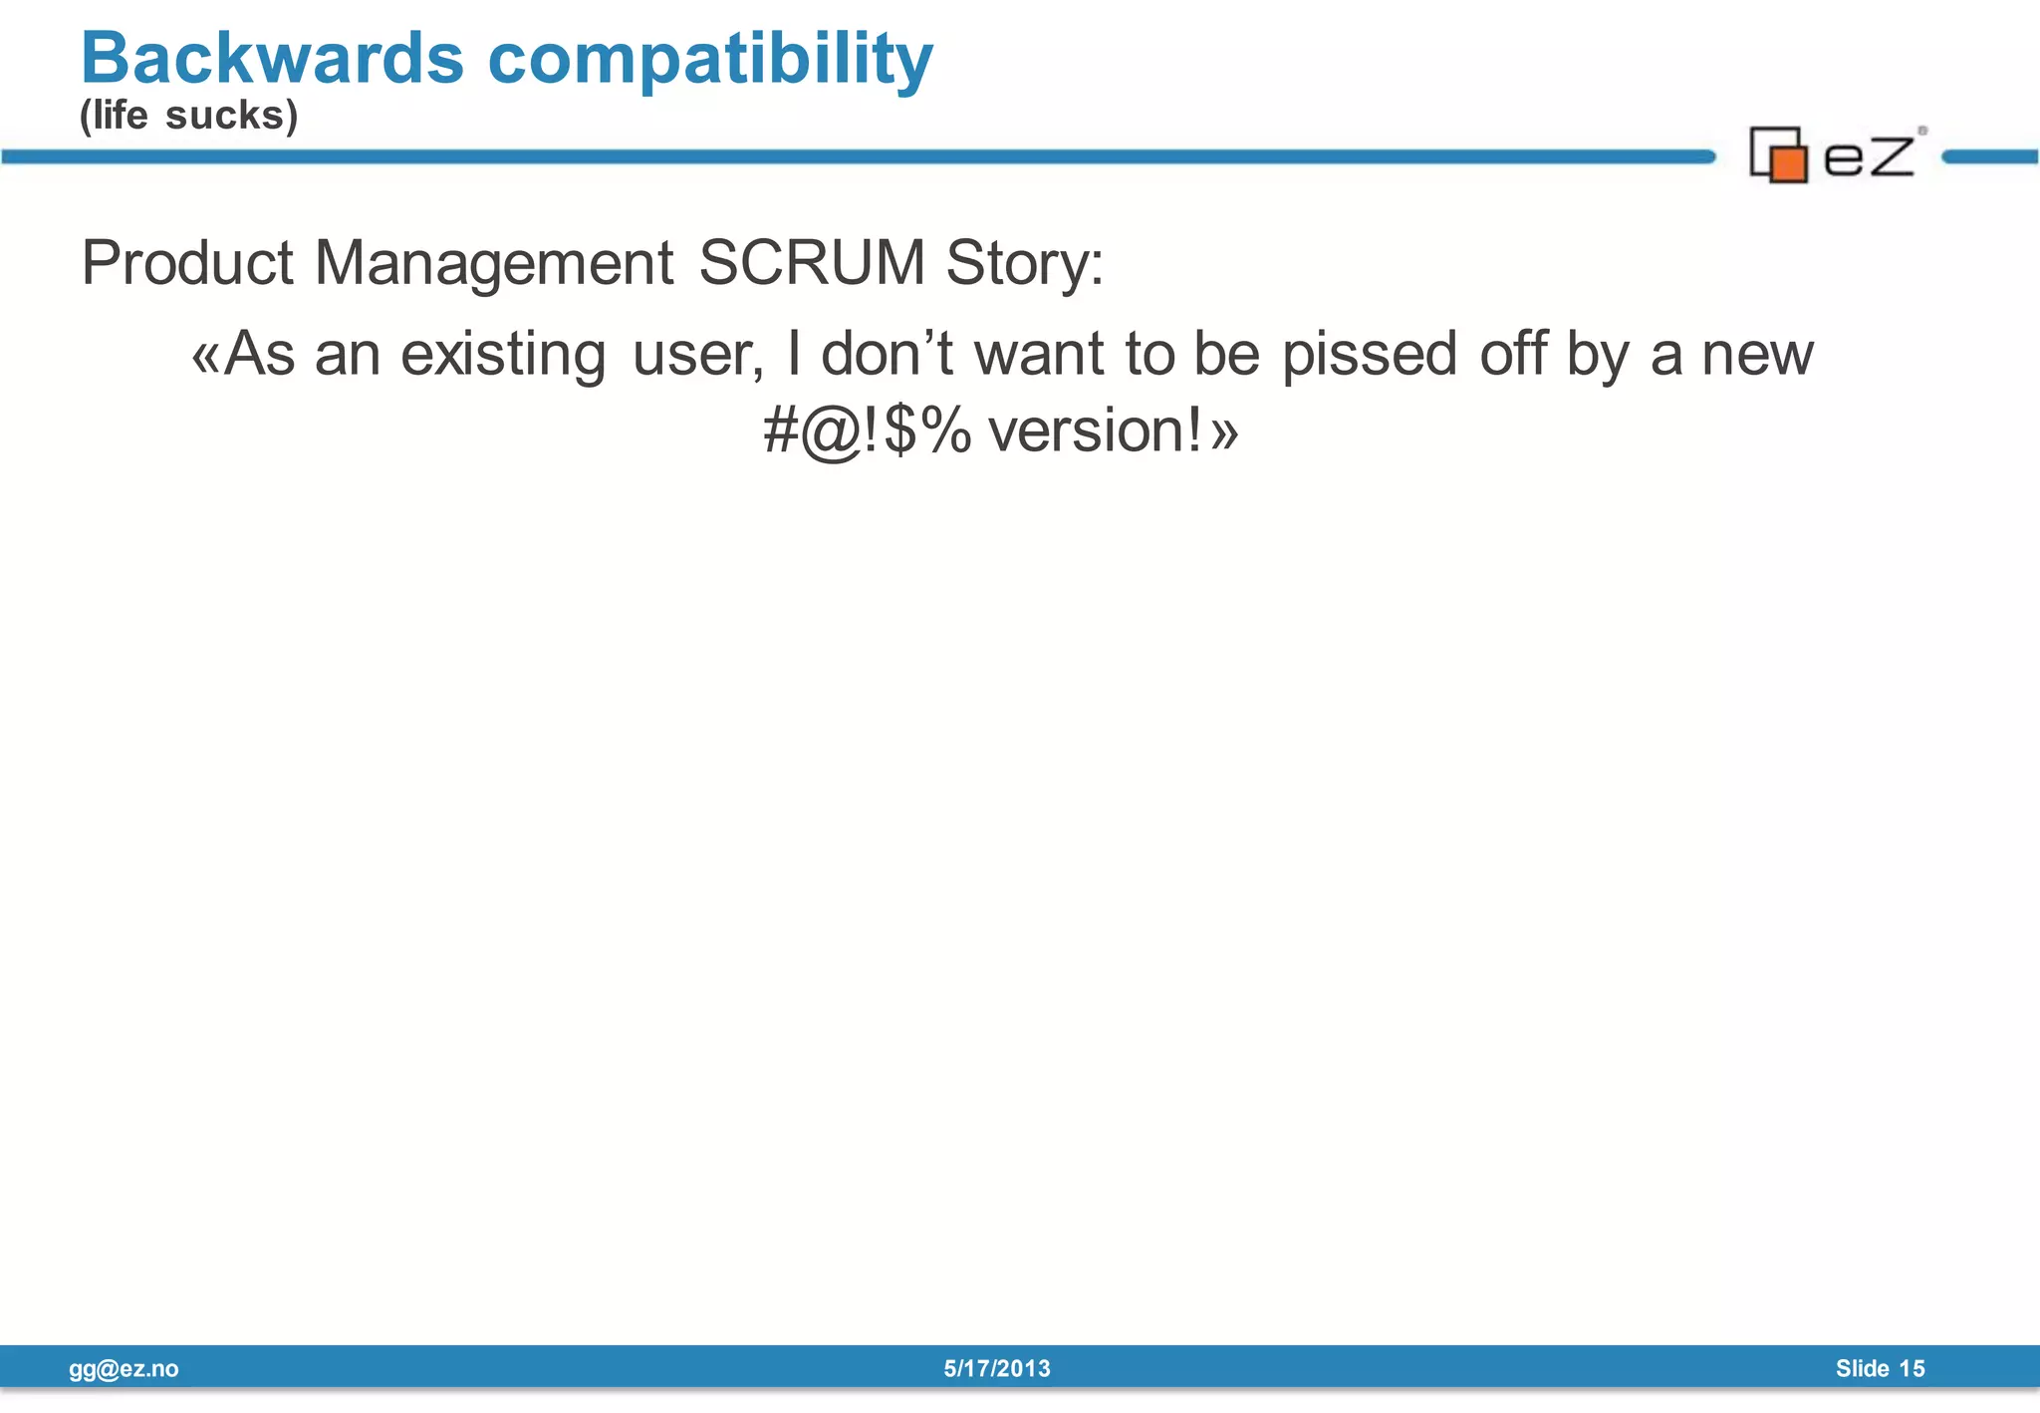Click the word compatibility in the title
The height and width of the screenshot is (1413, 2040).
[x=710, y=60]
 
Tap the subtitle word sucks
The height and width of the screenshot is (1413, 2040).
[x=231, y=116]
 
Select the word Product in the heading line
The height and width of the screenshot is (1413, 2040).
[x=187, y=263]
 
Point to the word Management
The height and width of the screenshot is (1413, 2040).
[x=494, y=263]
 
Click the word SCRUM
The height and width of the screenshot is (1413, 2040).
[x=812, y=263]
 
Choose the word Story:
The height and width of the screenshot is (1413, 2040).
[x=1024, y=265]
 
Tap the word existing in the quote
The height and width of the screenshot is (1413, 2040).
[x=503, y=355]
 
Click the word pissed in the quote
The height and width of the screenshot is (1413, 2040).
[x=1370, y=355]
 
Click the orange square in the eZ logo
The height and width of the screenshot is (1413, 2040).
[x=1789, y=164]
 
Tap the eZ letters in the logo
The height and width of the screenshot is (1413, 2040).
[x=1869, y=156]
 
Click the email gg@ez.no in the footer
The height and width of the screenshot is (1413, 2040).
[x=124, y=1368]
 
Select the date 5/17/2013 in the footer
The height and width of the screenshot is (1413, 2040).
[x=997, y=1368]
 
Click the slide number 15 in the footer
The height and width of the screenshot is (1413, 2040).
[x=1912, y=1368]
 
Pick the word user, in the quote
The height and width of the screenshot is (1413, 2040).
[x=698, y=355]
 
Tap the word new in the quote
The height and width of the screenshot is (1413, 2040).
[x=1757, y=355]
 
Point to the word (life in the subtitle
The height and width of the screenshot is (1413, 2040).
[x=114, y=116]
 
